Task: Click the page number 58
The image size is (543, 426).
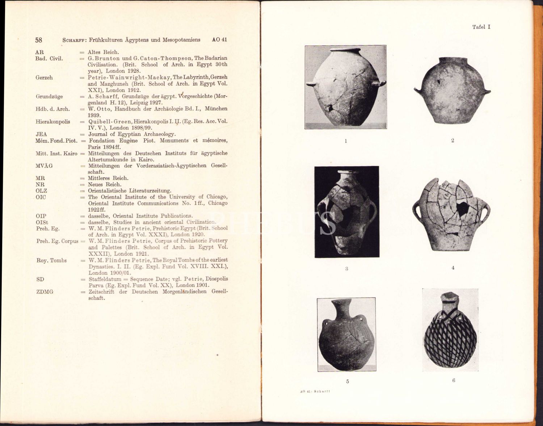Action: click(39, 40)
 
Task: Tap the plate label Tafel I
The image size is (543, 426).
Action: click(481, 27)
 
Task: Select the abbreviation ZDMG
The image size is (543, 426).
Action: click(45, 292)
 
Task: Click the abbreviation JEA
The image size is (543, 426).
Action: click(41, 134)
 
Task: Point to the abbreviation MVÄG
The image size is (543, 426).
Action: click(44, 166)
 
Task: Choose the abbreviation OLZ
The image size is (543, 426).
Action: click(41, 191)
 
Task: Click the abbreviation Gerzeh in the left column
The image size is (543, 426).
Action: click(44, 78)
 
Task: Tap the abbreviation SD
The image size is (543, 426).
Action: click(40, 279)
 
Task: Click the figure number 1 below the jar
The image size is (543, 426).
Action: click(346, 141)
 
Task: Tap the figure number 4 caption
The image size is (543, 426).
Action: click(453, 268)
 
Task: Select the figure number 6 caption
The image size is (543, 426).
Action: click(454, 380)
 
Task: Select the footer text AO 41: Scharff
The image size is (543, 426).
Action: click(315, 391)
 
